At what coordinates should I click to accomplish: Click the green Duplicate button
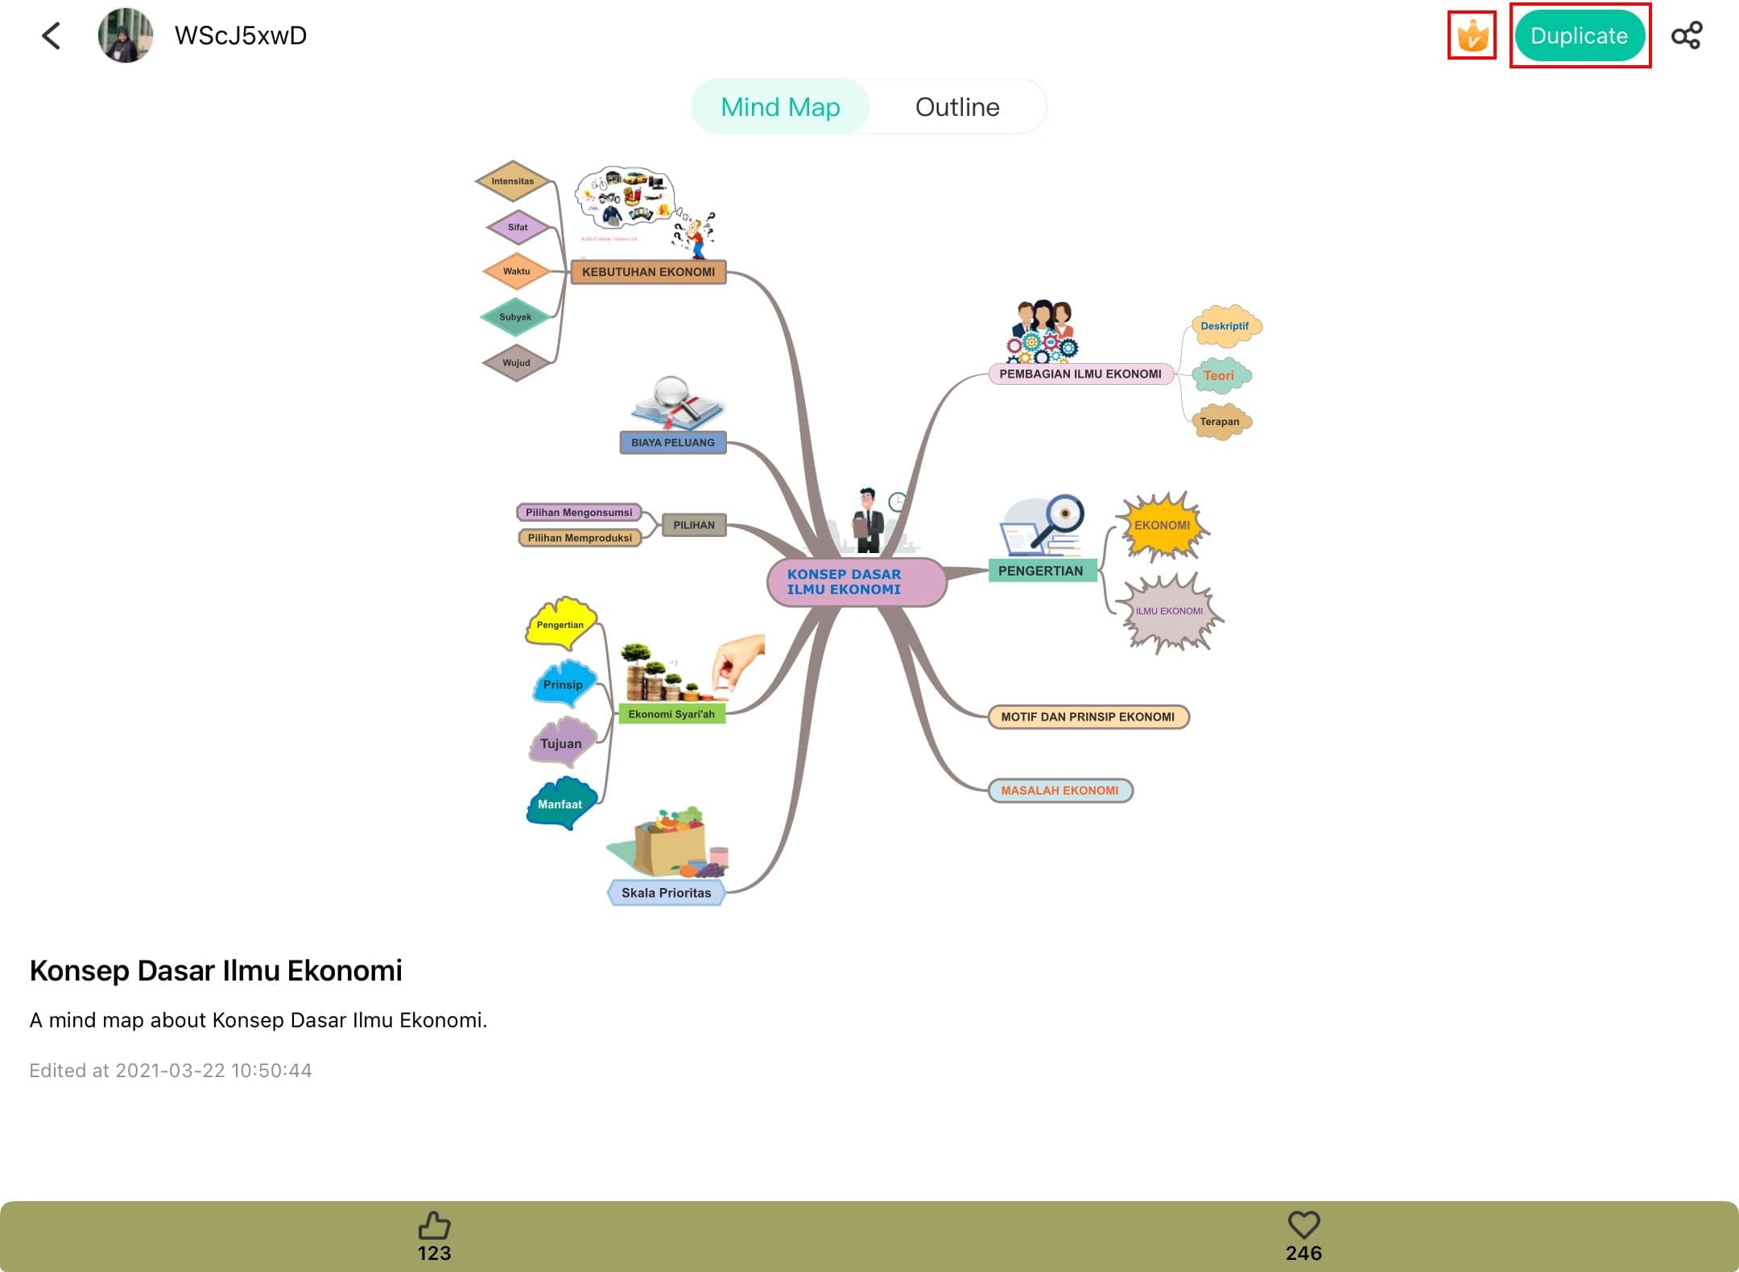pos(1579,36)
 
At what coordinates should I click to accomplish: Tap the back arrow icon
pos(52,35)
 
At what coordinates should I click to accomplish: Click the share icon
pos(1686,35)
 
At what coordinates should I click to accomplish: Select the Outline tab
pos(956,107)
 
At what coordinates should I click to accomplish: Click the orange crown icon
pos(1472,36)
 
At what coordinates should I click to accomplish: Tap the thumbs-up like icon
pos(434,1226)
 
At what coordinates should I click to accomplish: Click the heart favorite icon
pos(1303,1225)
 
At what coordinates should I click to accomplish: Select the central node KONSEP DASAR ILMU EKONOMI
pos(856,581)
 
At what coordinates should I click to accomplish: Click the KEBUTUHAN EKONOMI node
pos(648,272)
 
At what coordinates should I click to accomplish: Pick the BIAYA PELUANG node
pos(672,443)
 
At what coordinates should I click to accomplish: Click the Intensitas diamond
pos(513,181)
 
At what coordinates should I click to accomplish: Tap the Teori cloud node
pos(1219,375)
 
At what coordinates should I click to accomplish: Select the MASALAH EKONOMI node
pos(1060,791)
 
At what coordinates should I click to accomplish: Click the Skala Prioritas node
pos(666,893)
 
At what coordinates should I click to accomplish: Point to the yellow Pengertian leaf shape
pos(560,624)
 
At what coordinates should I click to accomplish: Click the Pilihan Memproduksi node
pos(580,538)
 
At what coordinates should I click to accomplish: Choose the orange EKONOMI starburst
pos(1162,526)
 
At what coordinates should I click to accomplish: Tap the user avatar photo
pos(125,35)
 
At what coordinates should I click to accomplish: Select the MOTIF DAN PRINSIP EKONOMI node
pos(1088,717)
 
